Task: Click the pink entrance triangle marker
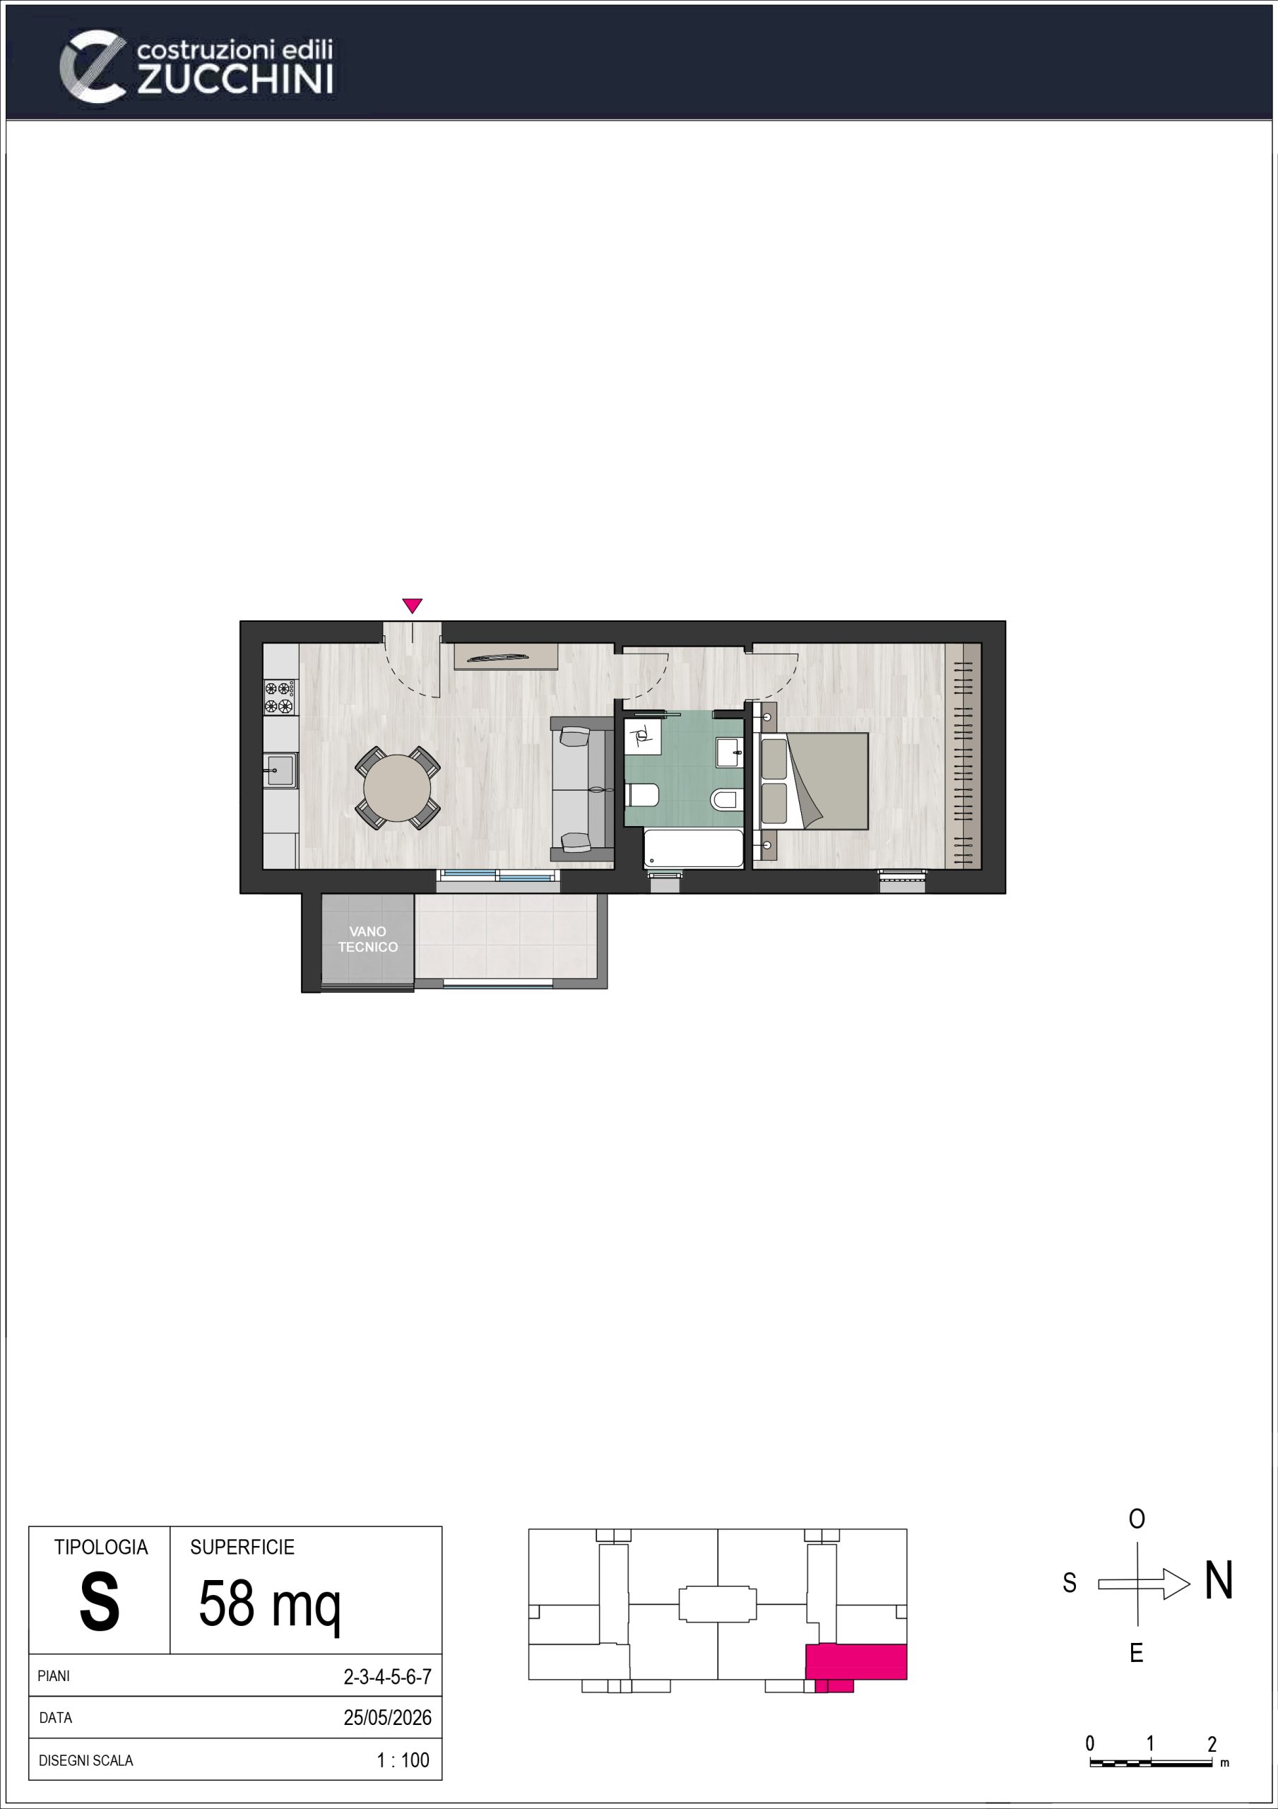412,605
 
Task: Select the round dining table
397,788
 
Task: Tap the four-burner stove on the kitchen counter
280,697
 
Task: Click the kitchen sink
280,770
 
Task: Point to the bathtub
693,849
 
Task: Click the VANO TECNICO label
368,939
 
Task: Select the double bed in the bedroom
813,781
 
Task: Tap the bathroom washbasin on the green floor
729,753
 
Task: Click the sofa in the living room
581,789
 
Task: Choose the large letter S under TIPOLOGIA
100,1603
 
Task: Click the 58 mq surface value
269,1605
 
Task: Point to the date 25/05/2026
388,1718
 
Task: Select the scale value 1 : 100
403,1760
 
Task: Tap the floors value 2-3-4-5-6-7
388,1677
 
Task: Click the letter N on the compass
1218,1581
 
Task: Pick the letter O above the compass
1136,1519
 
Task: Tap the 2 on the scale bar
1212,1743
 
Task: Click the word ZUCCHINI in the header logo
235,80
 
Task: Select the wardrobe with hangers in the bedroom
963,756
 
